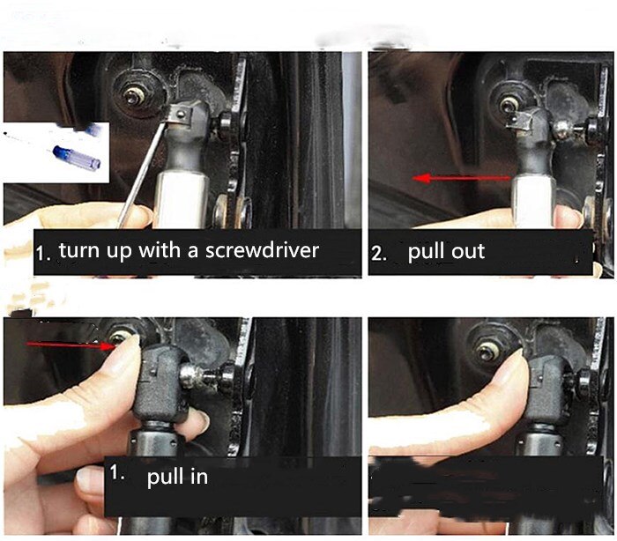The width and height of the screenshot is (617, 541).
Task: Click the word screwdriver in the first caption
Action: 261,250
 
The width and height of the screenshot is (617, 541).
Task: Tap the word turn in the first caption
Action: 78,250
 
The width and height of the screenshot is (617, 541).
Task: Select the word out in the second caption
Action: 469,252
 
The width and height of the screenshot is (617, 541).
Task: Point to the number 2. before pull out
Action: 379,254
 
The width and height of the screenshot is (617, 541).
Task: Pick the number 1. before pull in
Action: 118,473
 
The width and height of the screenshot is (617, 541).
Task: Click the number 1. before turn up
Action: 43,255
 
